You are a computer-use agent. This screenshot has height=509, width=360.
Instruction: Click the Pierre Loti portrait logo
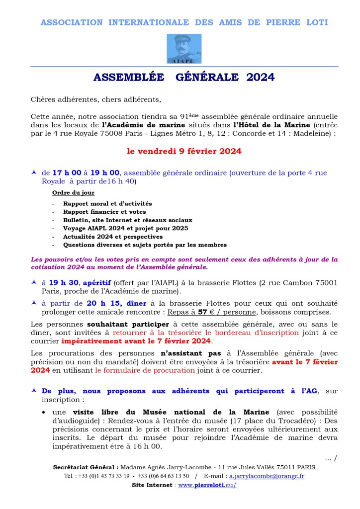184,49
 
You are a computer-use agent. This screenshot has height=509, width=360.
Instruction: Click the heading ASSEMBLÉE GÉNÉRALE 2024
184,78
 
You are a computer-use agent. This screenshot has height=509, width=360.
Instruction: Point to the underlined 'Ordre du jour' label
73,193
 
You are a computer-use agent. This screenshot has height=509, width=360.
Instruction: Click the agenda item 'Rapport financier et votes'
104,212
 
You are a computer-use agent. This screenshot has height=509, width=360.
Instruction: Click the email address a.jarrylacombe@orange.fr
267,476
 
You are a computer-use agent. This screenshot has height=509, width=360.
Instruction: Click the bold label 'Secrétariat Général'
85,467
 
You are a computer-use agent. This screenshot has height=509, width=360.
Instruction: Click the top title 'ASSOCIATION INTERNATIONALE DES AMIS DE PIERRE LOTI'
184,22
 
